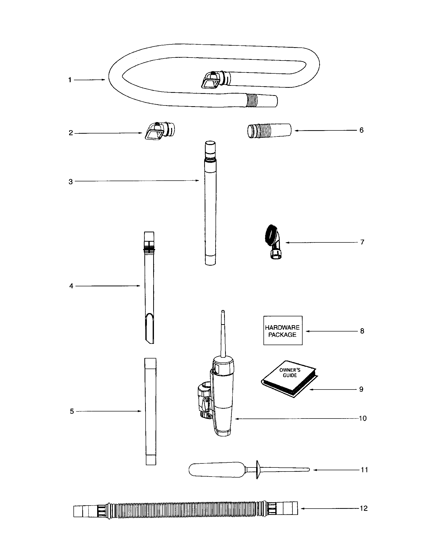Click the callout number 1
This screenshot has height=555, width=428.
pyautogui.click(x=70, y=80)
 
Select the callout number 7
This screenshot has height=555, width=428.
pyautogui.click(x=362, y=242)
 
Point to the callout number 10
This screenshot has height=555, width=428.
pyautogui.click(x=363, y=419)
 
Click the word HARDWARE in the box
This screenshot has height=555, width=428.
pyautogui.click(x=282, y=327)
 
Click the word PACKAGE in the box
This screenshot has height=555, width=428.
pyautogui.click(x=282, y=335)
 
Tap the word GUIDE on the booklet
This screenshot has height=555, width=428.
pyautogui.click(x=290, y=375)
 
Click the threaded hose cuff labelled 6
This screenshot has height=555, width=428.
pyautogui.click(x=269, y=131)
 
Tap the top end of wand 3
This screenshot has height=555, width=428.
pyautogui.click(x=211, y=147)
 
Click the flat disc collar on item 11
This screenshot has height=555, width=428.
pyautogui.click(x=257, y=470)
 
